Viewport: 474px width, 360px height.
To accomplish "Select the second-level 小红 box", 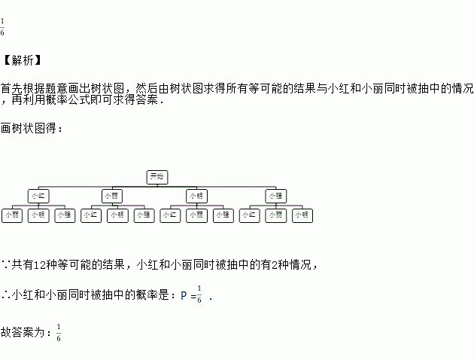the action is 38,196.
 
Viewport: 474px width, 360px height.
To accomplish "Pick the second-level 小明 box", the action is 197,196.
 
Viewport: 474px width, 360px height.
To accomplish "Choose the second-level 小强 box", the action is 276,196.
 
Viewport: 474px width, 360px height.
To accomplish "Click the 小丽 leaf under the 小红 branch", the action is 12,215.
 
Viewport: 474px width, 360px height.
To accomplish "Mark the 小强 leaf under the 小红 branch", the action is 64,215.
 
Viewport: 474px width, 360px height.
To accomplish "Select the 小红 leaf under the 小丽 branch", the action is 91,215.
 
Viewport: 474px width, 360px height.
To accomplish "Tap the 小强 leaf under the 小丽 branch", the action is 144,215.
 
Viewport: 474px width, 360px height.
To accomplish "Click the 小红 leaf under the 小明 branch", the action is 171,215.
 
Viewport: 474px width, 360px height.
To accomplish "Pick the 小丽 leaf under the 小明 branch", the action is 196,215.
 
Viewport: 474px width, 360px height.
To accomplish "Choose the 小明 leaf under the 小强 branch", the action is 302,215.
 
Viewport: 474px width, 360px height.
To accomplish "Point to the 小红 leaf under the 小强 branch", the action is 250,215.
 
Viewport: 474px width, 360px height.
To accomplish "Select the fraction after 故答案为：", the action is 59,332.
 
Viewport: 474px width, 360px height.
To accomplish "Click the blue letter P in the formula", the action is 184,295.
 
